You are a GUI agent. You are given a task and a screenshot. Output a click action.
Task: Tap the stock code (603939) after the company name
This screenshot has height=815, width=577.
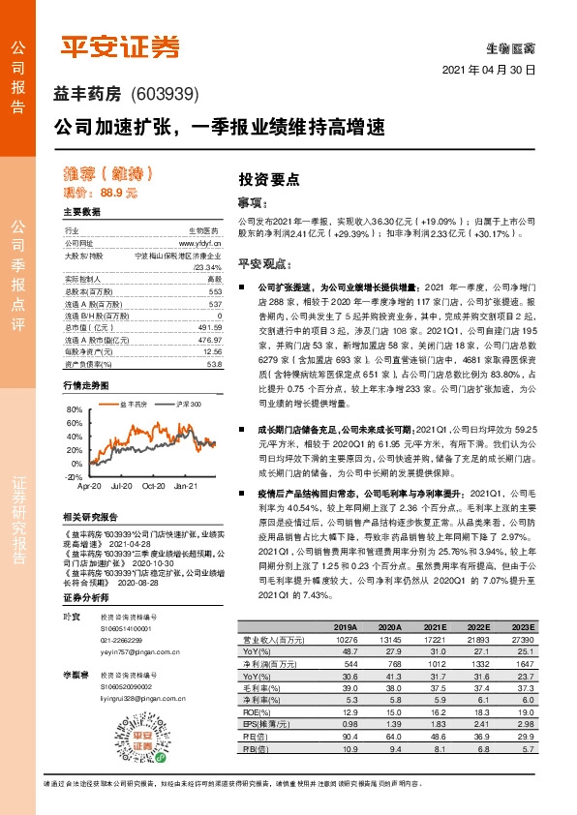point(164,94)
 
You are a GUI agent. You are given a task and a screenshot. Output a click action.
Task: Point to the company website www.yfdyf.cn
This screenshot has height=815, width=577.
point(200,244)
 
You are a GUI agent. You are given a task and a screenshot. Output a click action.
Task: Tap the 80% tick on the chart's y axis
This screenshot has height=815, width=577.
point(73,409)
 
